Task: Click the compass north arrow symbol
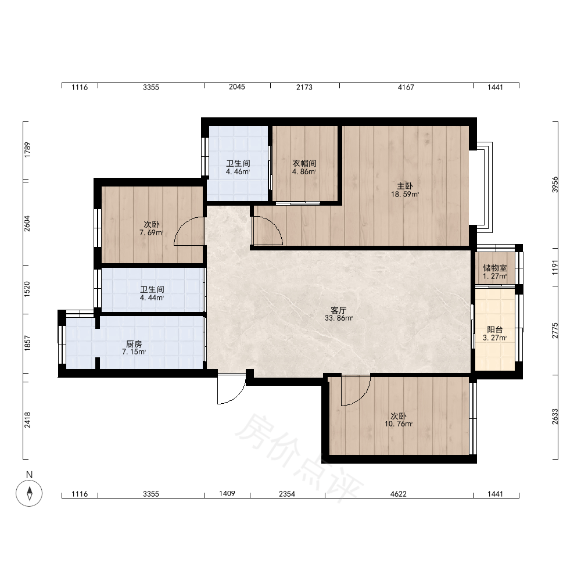[x=29, y=493]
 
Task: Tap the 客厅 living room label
[x=338, y=310]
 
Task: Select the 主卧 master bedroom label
[x=404, y=186]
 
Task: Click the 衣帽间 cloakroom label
[x=304, y=163]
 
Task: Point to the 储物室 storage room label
[x=494, y=268]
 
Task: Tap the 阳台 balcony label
[x=494, y=329]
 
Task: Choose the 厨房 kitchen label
[x=134, y=344]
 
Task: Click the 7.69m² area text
[x=152, y=233]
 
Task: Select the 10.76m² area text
[x=399, y=424]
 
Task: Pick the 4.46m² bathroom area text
[x=238, y=171]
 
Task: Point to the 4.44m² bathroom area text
[x=152, y=297]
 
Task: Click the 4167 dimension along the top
[x=406, y=87]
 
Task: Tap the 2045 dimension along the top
[x=237, y=87]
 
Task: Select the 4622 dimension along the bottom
[x=399, y=494]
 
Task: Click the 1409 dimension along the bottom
[x=227, y=493]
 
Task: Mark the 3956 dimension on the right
[x=555, y=185]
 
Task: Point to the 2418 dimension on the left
[x=27, y=420]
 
